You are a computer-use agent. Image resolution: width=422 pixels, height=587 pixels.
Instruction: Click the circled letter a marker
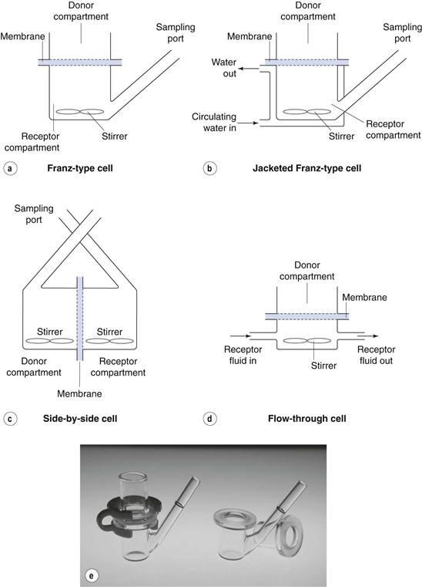point(10,168)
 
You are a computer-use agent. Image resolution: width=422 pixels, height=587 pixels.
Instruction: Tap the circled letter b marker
point(209,168)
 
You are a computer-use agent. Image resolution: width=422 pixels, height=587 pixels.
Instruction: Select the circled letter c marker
point(10,419)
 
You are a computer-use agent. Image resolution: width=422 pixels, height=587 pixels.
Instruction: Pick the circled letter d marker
point(209,419)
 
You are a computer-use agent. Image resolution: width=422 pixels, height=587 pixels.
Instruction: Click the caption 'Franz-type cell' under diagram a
point(80,168)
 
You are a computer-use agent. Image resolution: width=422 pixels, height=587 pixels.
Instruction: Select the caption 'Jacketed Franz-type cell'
point(307,168)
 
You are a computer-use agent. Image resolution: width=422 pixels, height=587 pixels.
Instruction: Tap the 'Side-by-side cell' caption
point(80,418)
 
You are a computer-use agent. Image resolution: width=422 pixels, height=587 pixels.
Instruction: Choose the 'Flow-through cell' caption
point(307,418)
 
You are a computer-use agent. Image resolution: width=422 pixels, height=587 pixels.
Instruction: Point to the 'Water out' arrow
point(249,69)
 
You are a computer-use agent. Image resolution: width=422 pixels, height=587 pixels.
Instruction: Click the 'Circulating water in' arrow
point(248,123)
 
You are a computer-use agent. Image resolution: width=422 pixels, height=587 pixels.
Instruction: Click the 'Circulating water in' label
point(214,123)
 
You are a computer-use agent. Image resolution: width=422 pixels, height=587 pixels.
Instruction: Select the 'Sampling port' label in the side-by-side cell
point(34,214)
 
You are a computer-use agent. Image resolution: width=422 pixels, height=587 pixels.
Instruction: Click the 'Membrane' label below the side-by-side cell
point(79,394)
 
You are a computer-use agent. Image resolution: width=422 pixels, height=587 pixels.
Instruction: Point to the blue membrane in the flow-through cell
point(307,316)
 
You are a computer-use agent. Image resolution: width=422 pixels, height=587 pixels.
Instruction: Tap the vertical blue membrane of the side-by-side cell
point(79,319)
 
